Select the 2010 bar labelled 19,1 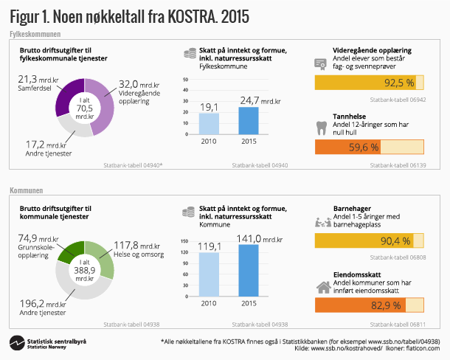210,123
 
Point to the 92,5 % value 399,83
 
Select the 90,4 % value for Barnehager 395,241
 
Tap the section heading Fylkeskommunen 35,35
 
